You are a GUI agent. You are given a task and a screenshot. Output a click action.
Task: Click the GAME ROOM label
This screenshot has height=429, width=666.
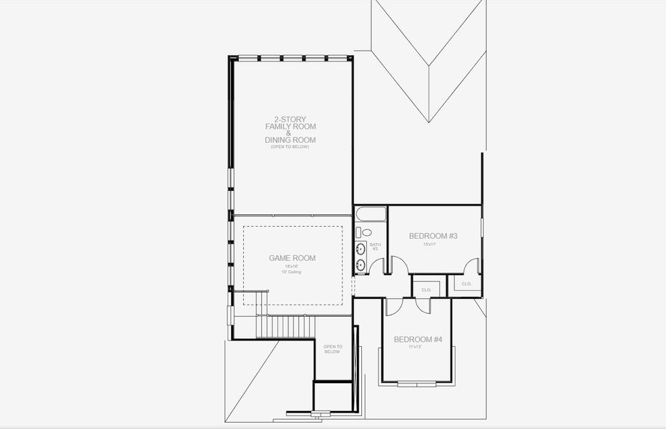pyautogui.click(x=292, y=258)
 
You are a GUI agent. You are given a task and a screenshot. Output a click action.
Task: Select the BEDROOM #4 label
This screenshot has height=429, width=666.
pyautogui.click(x=418, y=339)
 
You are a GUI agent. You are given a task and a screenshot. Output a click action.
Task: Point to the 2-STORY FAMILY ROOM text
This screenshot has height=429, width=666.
pyautogui.click(x=290, y=122)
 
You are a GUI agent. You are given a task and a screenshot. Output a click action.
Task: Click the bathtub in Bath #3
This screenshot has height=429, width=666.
pyautogui.click(x=371, y=214)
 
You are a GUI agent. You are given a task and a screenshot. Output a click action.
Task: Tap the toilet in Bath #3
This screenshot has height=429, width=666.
pyautogui.click(x=366, y=232)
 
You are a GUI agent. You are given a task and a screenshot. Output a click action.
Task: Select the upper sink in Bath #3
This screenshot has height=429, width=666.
pyautogui.click(x=361, y=249)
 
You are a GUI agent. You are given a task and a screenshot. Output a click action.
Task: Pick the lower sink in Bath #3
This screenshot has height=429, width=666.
pyautogui.click(x=361, y=265)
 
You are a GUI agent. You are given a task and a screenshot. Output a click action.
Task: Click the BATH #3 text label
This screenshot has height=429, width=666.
pyautogui.click(x=375, y=247)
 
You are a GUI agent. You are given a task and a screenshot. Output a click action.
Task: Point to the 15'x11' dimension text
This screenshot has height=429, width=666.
pyautogui.click(x=429, y=245)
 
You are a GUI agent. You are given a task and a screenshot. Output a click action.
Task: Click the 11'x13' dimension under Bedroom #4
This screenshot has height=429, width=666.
pyautogui.click(x=415, y=347)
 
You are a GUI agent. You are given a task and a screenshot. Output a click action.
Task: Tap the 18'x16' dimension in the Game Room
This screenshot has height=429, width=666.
pyautogui.click(x=292, y=266)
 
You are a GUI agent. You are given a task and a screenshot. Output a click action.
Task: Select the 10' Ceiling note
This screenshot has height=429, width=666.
pyautogui.click(x=292, y=272)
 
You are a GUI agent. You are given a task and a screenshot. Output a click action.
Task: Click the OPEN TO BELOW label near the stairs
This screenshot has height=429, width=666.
pyautogui.click(x=333, y=349)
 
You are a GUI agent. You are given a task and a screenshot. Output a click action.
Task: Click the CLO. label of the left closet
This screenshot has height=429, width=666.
pyautogui.click(x=426, y=290)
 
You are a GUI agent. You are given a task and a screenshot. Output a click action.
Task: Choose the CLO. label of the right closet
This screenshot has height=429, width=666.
pyautogui.click(x=466, y=284)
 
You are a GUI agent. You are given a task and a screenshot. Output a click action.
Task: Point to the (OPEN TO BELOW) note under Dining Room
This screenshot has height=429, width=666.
pyautogui.click(x=290, y=147)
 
